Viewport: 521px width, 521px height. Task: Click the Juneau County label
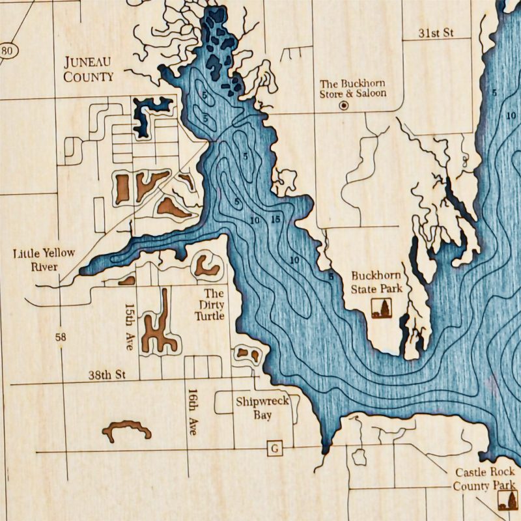click(x=88, y=69)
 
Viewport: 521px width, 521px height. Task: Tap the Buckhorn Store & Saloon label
click(x=352, y=89)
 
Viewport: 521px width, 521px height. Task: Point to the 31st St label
click(x=436, y=33)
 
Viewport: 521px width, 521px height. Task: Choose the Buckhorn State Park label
click(x=376, y=282)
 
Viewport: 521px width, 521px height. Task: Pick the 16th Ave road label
click(x=192, y=412)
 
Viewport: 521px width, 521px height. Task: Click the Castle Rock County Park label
click(x=485, y=479)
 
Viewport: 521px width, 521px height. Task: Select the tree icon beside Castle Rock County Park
click(x=508, y=500)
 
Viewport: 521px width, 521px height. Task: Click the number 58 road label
click(x=61, y=337)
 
